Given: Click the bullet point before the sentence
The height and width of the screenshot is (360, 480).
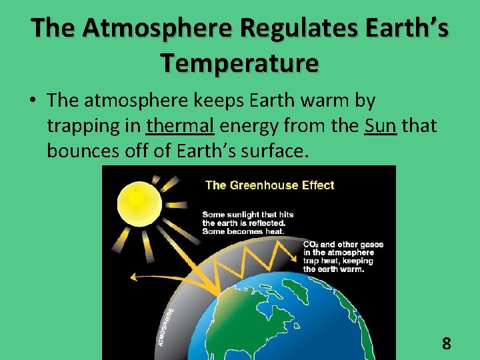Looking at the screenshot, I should click(x=31, y=101).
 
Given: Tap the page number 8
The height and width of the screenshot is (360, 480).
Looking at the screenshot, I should click(x=446, y=344).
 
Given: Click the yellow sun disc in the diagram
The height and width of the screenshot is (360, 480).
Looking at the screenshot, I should click(x=136, y=199).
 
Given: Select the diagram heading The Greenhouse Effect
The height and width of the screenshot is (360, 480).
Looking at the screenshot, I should click(x=269, y=185).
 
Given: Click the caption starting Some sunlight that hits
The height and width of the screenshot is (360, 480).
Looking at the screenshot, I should click(x=248, y=223).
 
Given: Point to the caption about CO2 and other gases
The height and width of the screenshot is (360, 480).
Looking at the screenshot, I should click(x=343, y=257).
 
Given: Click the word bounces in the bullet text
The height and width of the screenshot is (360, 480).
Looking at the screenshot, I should click(x=83, y=151).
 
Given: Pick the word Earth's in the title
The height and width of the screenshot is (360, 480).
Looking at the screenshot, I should click(x=404, y=29).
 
